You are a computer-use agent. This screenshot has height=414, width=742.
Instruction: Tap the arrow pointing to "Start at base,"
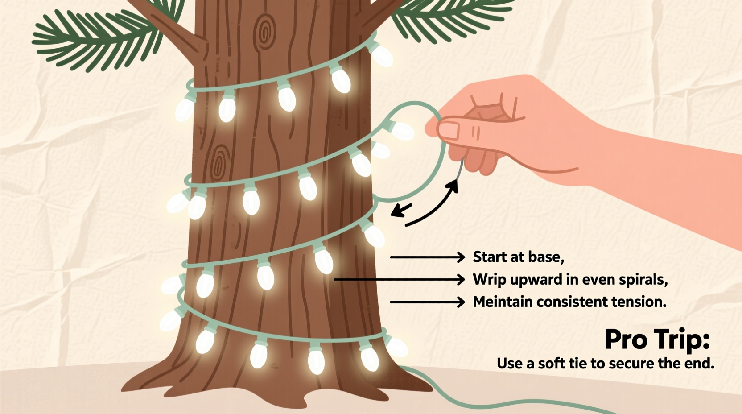[427, 257]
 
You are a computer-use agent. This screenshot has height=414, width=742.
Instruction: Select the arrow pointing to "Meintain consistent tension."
[427, 302]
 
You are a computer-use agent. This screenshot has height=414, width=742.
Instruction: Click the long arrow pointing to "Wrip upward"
[399, 280]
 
